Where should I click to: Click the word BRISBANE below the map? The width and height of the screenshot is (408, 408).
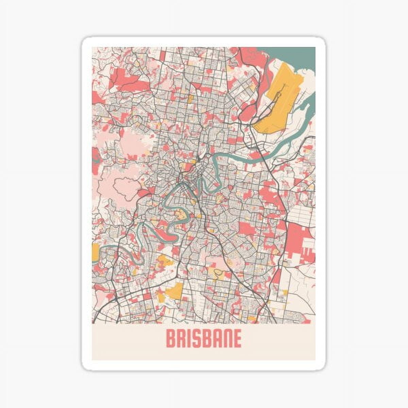tap(203, 338)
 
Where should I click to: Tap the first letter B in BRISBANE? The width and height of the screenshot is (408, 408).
tap(171, 338)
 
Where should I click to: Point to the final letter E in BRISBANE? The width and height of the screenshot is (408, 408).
tap(236, 338)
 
